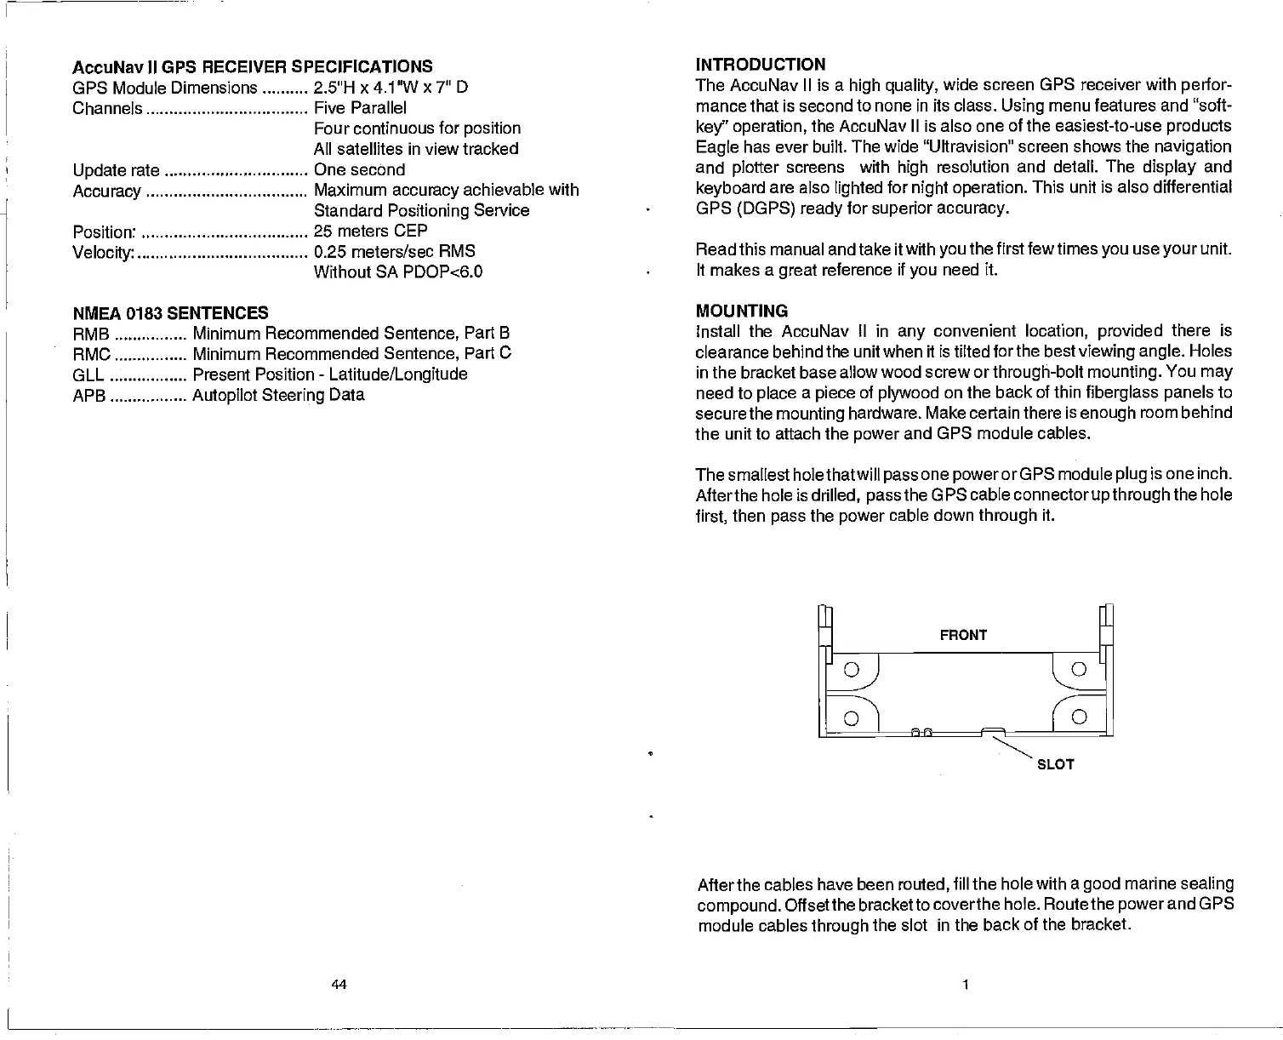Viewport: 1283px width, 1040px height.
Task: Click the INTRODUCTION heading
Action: tap(760, 66)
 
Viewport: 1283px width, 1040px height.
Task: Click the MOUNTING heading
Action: tap(741, 311)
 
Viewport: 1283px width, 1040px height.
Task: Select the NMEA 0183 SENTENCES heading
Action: tap(170, 312)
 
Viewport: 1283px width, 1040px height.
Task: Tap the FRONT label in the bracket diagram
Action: tap(963, 635)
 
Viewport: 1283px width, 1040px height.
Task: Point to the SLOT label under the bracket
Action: tap(1055, 764)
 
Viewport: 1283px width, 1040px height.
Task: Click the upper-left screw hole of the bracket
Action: tap(850, 668)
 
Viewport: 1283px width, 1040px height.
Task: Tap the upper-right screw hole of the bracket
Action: tap(1079, 668)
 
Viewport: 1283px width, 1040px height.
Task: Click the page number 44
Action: tap(339, 985)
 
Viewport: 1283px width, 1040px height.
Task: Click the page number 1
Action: tap(965, 985)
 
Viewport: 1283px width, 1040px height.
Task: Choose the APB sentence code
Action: tap(89, 396)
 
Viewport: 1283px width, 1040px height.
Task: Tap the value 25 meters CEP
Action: tap(370, 231)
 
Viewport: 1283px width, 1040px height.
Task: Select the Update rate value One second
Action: tap(359, 169)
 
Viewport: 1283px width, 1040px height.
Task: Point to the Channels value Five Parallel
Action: tap(360, 108)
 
